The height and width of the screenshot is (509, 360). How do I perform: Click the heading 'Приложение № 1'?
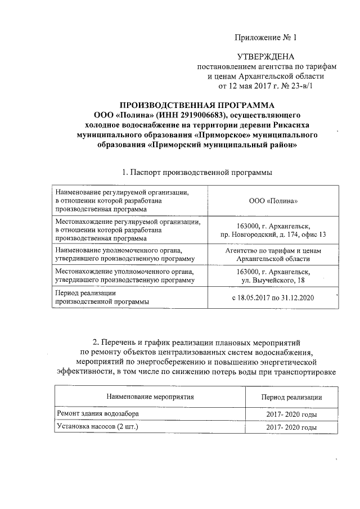(x=264, y=38)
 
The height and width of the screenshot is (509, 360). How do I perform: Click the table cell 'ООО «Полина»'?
(x=273, y=201)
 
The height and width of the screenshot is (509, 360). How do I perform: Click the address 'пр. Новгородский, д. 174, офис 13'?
(x=273, y=233)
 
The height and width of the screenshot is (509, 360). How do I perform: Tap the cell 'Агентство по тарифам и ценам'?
(x=273, y=250)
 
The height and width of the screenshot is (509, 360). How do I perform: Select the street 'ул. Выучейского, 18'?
(x=273, y=280)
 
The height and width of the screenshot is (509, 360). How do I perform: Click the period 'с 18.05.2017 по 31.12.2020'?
(x=273, y=297)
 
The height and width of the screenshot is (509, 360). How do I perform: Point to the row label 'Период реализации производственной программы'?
(x=102, y=298)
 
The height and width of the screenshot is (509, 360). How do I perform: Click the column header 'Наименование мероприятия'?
(x=150, y=397)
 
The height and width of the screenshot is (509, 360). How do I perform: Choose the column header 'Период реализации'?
(x=291, y=397)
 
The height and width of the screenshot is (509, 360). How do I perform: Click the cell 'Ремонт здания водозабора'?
(x=97, y=414)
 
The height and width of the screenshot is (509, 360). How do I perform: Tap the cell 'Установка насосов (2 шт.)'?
(x=97, y=427)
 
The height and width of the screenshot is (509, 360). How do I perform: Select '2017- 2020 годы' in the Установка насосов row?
(x=291, y=428)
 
